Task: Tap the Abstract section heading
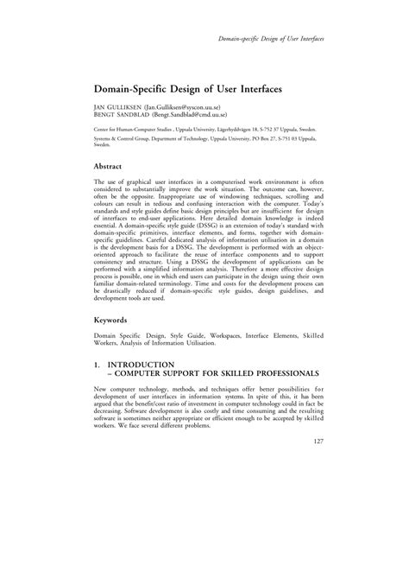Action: point(112,165)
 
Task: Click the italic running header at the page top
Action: point(273,41)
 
